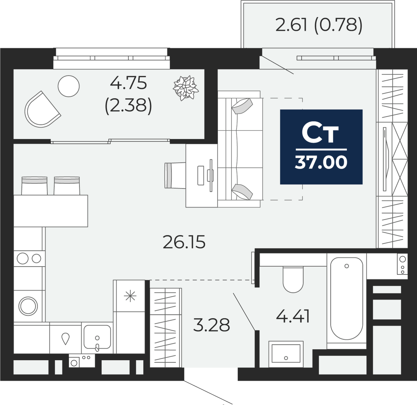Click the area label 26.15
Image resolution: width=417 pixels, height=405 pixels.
(x=184, y=242)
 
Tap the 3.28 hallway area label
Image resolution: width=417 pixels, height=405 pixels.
(x=212, y=325)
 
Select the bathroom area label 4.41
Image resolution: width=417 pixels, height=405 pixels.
(x=293, y=317)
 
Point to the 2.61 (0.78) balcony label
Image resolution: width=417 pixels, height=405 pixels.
(x=319, y=25)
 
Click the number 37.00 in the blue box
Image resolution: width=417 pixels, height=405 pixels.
(x=321, y=162)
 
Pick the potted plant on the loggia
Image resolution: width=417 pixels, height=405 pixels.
(x=185, y=88)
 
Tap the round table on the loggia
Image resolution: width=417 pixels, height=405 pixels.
(x=69, y=86)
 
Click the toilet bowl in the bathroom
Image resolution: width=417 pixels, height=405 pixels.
(x=293, y=279)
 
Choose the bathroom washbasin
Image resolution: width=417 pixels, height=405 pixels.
(x=286, y=353)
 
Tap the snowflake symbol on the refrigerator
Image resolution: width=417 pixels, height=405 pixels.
(x=130, y=296)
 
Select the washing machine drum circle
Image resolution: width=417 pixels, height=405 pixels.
(x=28, y=305)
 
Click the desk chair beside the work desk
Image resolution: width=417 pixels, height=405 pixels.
(x=175, y=175)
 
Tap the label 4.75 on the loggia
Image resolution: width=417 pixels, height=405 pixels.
(x=128, y=83)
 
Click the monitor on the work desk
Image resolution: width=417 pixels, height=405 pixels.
(x=211, y=175)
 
